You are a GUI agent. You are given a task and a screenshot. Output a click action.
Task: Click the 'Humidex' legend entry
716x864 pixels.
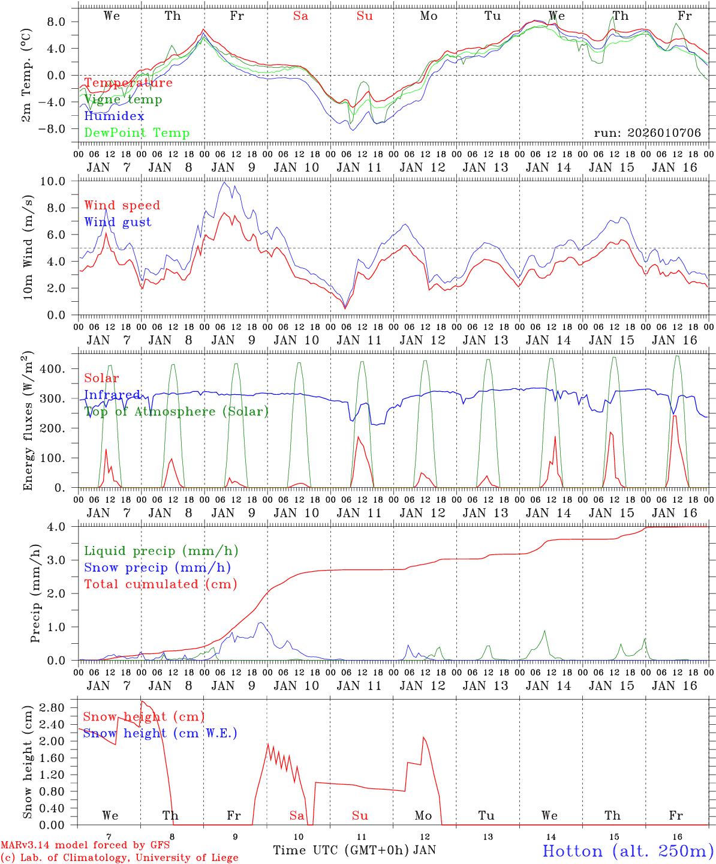[x=114, y=116]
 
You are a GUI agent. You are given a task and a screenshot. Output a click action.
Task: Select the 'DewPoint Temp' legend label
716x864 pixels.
[x=137, y=133]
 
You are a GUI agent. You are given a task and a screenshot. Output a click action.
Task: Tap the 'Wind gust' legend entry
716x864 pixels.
[x=118, y=222]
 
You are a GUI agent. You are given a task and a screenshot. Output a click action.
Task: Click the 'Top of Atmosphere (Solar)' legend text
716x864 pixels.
[x=176, y=412]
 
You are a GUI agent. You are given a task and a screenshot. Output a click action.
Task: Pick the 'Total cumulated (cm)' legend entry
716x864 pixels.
[x=160, y=584]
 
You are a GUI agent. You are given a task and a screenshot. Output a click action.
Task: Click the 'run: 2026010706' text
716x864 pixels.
[x=647, y=133]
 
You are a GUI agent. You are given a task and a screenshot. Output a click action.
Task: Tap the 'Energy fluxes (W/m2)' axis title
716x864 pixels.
[x=27, y=421]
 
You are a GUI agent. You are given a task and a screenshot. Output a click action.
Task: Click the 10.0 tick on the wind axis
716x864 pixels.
[x=59, y=181]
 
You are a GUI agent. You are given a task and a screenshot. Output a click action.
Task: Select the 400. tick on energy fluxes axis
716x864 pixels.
[x=58, y=369]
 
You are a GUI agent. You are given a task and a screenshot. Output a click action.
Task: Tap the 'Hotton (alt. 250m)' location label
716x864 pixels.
[x=627, y=851]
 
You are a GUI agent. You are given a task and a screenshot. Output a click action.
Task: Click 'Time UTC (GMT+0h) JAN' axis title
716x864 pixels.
[x=354, y=850]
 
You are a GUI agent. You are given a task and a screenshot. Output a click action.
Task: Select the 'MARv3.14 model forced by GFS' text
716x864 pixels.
[x=85, y=845]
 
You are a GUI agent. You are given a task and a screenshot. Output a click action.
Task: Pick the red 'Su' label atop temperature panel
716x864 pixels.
[x=365, y=16]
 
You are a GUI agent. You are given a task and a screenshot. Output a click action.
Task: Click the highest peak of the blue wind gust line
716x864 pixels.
[x=224, y=182]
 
